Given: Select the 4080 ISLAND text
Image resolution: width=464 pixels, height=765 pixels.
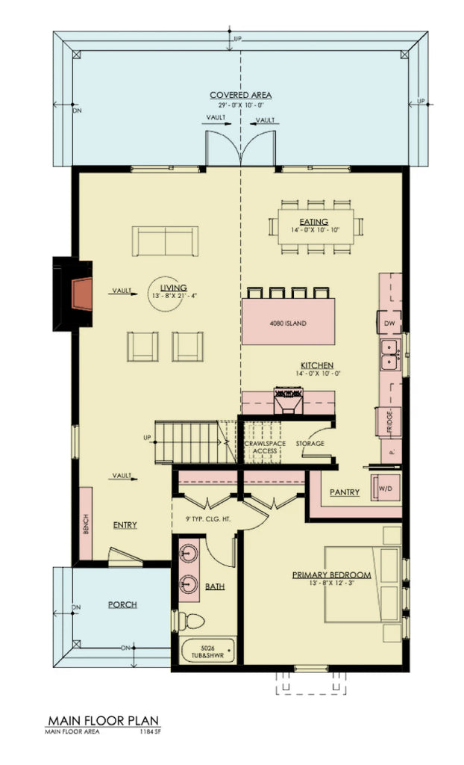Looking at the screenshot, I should click(x=288, y=323).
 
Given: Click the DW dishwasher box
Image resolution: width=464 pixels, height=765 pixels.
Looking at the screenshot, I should click(x=389, y=322).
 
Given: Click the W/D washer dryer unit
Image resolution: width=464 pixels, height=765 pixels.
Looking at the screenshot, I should click(x=386, y=488).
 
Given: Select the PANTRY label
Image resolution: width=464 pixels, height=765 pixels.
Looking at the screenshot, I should click(x=344, y=492).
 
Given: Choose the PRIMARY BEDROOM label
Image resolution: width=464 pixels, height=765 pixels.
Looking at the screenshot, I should click(x=331, y=574).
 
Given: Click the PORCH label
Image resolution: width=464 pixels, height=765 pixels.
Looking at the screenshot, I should click(x=122, y=604).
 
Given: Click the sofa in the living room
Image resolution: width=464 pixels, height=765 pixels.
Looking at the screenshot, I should click(x=165, y=241).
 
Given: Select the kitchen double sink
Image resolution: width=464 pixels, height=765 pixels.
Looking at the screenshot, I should click(x=389, y=355).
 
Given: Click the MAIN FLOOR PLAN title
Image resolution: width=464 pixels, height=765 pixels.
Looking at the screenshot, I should click(x=103, y=721).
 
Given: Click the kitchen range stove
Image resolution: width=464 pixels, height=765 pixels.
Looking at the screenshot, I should click(x=288, y=400).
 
